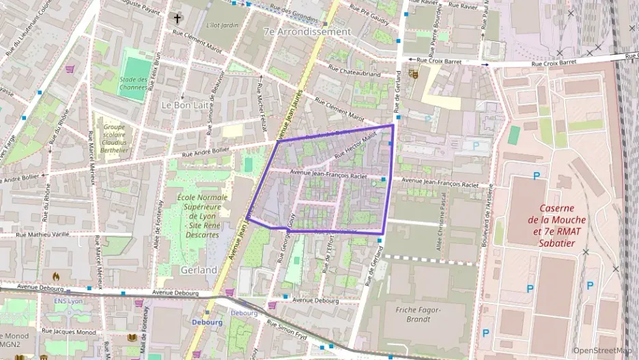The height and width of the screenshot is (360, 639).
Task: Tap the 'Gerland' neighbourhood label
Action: click(199, 270)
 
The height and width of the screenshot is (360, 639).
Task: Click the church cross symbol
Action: click(178, 18)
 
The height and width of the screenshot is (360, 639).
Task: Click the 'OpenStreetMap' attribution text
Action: click(601, 350)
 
